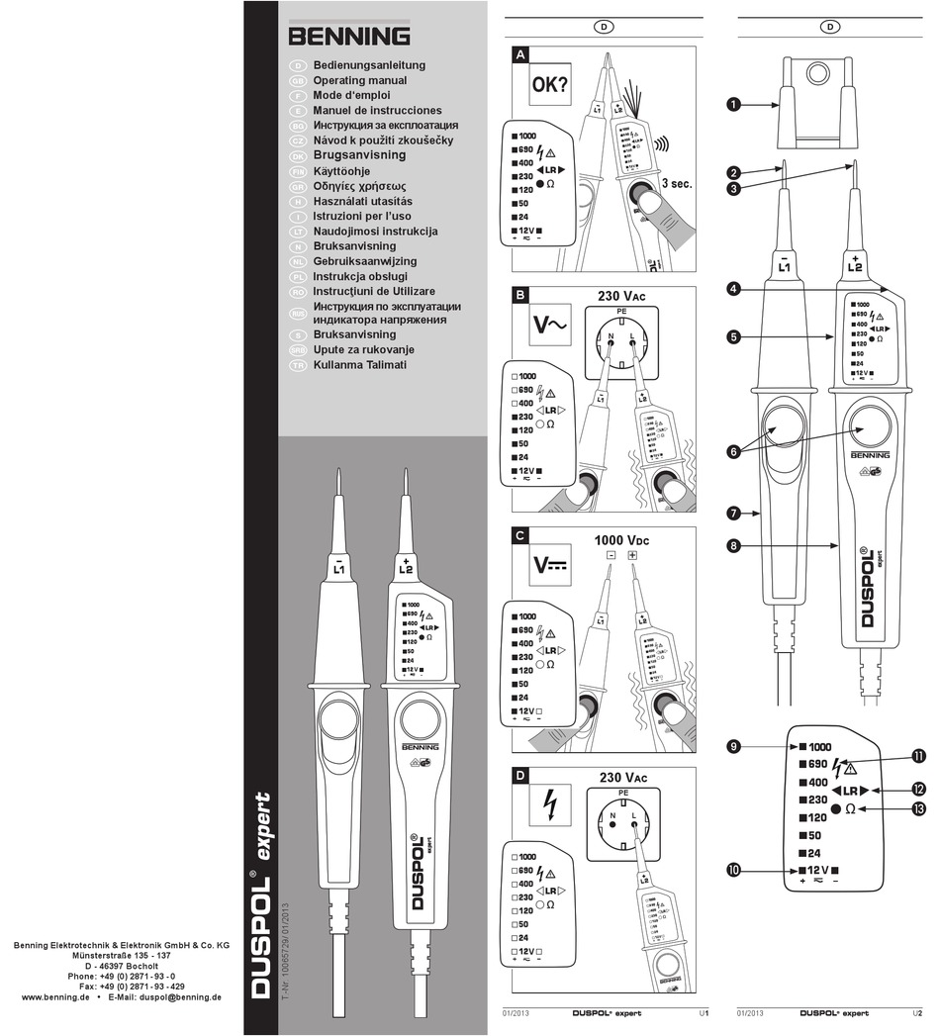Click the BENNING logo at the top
click(349, 37)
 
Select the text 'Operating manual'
click(360, 80)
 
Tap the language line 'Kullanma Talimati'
click(360, 365)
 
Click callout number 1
click(735, 103)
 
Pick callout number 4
click(733, 289)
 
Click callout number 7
click(733, 514)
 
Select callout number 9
click(734, 746)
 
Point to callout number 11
click(919, 757)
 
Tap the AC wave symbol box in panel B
click(549, 325)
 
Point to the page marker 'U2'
click(917, 1013)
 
